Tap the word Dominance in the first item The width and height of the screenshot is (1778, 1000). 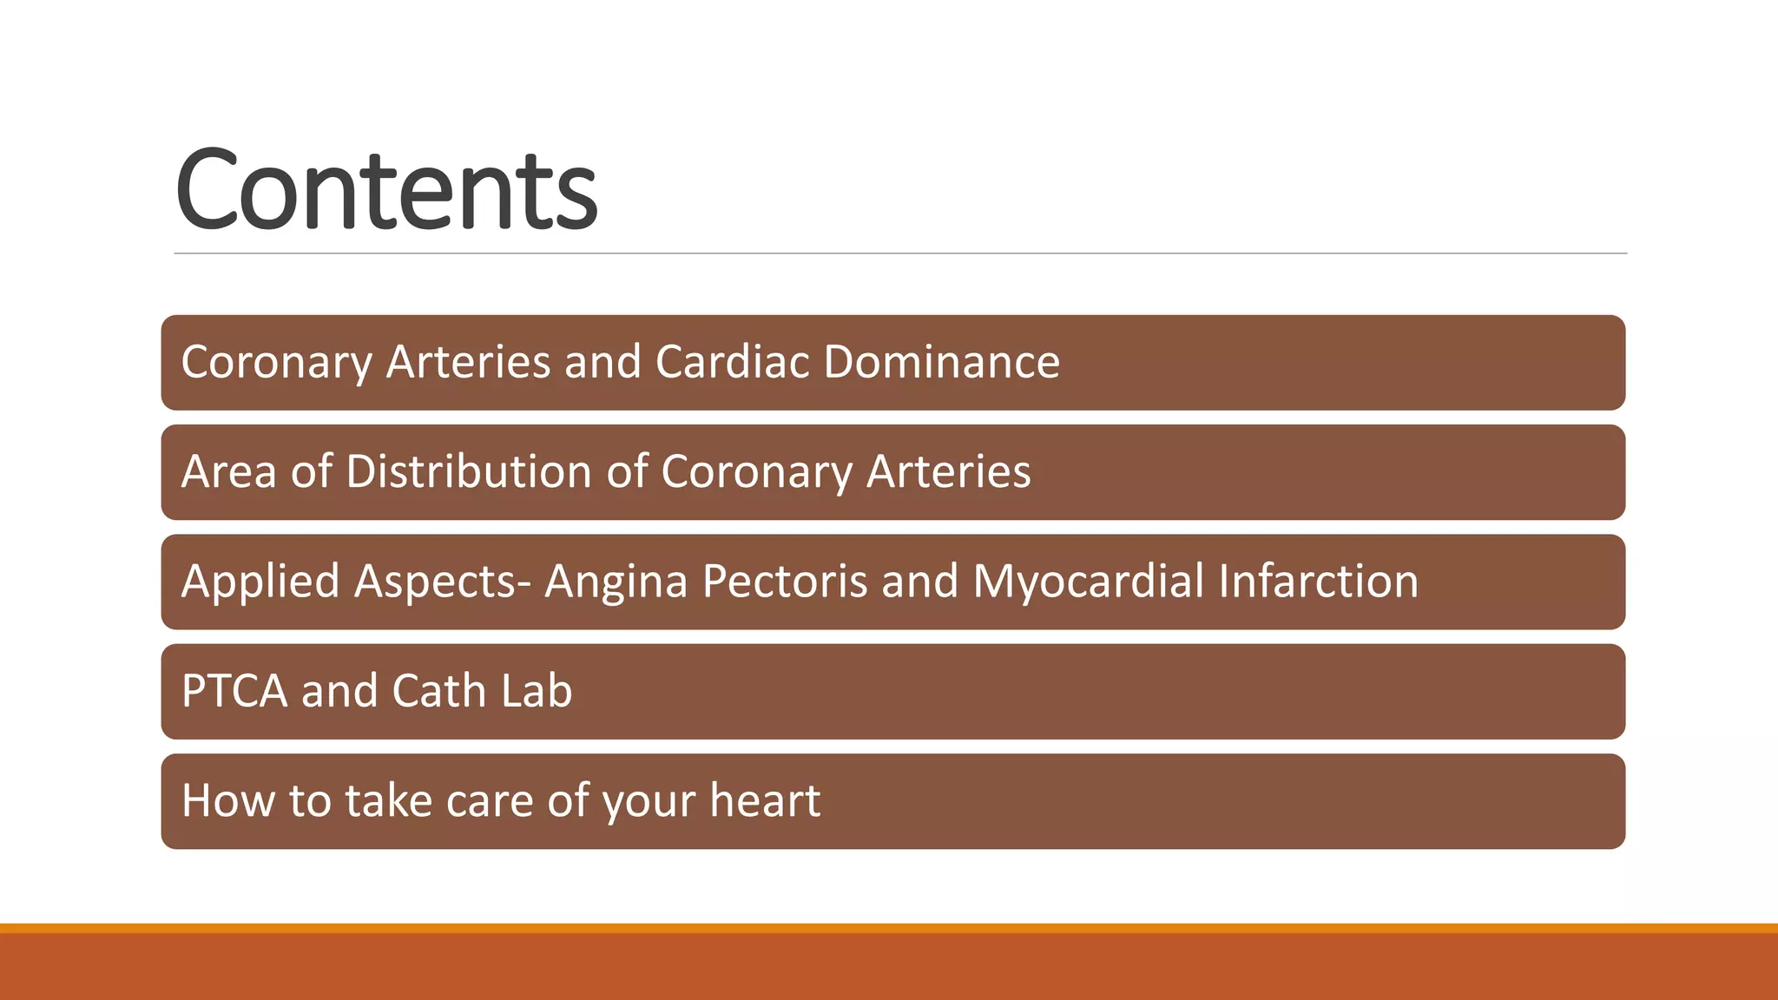[x=941, y=362]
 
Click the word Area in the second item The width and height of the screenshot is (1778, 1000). [x=228, y=472]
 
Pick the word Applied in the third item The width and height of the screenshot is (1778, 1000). [x=260, y=582]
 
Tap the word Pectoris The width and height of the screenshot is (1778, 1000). [x=785, y=582]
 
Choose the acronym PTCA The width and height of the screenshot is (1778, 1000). [x=234, y=692]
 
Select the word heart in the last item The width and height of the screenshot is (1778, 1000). [x=764, y=801]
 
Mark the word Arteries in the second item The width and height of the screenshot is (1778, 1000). [x=948, y=472]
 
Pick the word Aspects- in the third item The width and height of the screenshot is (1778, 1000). [x=442, y=582]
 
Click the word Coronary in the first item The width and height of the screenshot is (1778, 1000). [x=276, y=362]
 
